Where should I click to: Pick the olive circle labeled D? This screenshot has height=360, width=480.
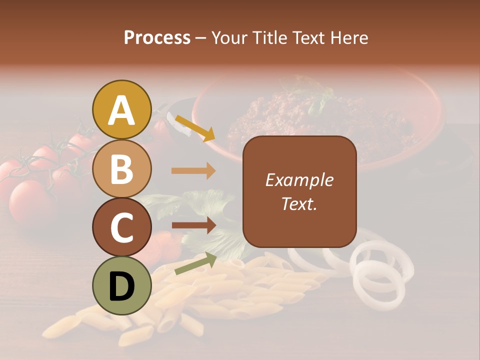(x=122, y=285)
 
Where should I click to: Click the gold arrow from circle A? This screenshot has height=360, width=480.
(x=194, y=128)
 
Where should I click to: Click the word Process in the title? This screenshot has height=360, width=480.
(x=157, y=38)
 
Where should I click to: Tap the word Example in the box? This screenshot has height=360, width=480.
(x=299, y=180)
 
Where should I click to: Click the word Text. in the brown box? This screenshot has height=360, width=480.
(x=299, y=203)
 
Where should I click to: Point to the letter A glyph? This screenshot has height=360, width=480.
(x=122, y=110)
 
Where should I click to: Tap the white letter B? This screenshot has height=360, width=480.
(x=122, y=169)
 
